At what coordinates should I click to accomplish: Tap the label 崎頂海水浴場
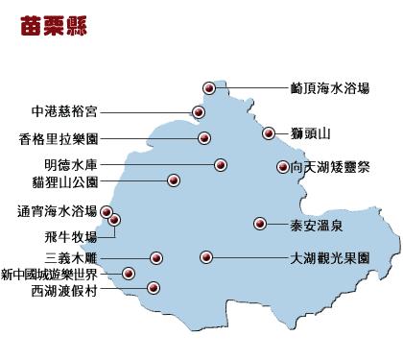pos(331,87)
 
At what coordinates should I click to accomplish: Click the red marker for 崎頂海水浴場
pos(210,88)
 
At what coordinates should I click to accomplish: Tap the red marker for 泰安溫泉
pos(259,224)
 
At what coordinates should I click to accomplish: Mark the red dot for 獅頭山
pos(270,133)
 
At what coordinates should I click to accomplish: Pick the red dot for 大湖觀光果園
pos(205,256)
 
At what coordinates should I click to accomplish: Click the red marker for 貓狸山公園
pos(174,180)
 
